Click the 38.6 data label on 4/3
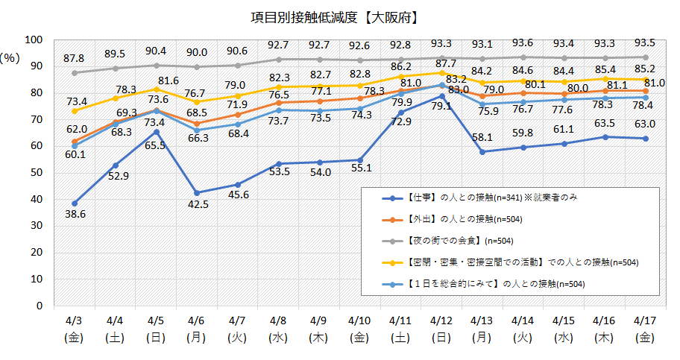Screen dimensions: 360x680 point(75,214)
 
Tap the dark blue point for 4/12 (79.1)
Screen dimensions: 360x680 point(442,95)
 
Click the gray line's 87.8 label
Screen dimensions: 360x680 point(75,58)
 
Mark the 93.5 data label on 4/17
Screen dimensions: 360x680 point(644,42)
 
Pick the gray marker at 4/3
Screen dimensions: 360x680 point(75,73)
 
